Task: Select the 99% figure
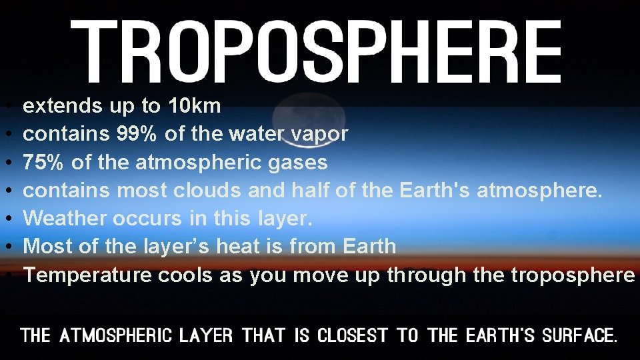tap(137, 134)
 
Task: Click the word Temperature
tap(88, 275)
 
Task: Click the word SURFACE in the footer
tap(579, 335)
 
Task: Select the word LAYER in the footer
tap(206, 335)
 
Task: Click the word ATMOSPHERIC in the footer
tap(116, 335)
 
